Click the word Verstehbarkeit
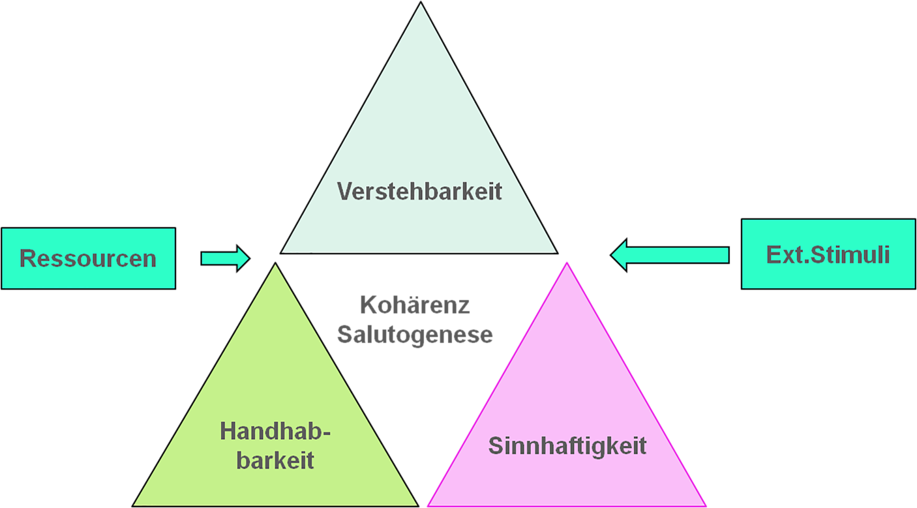click(419, 191)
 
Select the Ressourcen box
click(88, 258)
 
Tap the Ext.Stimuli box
click(828, 254)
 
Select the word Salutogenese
click(415, 335)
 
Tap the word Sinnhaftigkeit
click(567, 446)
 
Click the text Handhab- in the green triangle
click(275, 432)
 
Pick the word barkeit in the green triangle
click(275, 460)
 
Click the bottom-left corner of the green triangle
click(133, 505)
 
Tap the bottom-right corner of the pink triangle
click(706, 505)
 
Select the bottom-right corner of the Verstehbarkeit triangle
click(558, 252)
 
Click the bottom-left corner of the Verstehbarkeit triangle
click(281, 252)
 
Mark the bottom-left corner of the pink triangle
click(428, 505)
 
